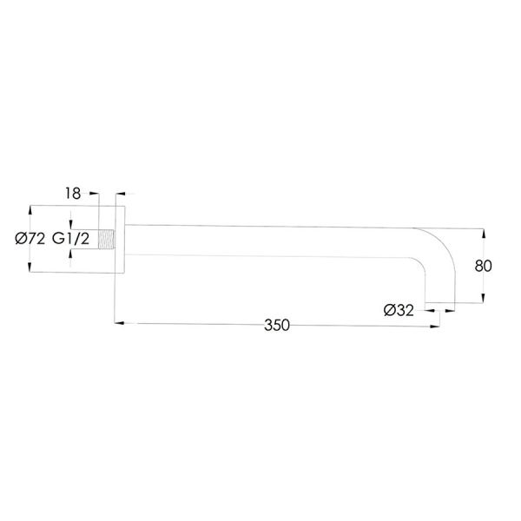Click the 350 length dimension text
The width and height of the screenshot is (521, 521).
tap(277, 325)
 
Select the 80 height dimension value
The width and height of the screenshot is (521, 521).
tap(483, 266)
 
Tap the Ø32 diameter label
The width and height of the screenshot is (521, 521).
tap(399, 310)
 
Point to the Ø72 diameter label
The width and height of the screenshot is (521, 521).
tap(30, 239)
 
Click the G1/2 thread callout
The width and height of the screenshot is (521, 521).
tap(71, 239)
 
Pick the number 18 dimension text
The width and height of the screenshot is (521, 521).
tap(73, 194)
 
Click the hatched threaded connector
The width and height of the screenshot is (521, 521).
tap(107, 240)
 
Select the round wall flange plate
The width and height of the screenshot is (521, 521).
tap(120, 240)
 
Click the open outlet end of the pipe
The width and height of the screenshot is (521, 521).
tap(440, 303)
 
